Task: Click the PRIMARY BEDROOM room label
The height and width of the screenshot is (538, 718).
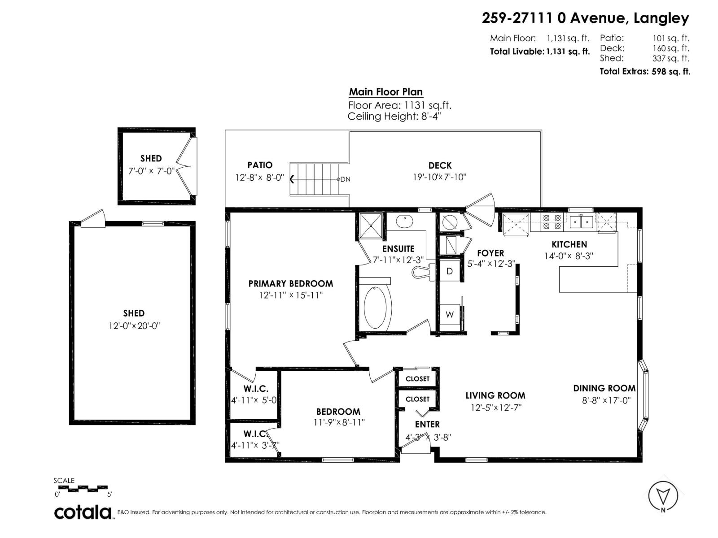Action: tap(290, 283)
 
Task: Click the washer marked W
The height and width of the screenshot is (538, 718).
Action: tap(450, 314)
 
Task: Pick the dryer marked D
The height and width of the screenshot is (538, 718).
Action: tap(450, 271)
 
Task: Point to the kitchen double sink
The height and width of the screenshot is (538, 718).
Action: tap(582, 221)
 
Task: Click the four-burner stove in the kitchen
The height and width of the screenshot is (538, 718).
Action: tap(552, 221)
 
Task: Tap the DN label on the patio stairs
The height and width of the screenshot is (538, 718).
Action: tap(345, 179)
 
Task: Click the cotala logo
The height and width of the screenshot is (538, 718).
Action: tap(83, 512)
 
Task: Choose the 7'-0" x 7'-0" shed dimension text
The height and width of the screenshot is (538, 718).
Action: tap(151, 171)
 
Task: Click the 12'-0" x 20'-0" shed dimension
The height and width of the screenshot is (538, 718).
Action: tap(134, 325)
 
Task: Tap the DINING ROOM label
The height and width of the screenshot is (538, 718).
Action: tap(604, 388)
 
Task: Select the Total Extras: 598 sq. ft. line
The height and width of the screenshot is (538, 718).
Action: tap(644, 71)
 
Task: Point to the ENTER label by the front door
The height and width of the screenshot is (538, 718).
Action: tap(427, 424)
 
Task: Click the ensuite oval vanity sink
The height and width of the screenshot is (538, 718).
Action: tap(405, 221)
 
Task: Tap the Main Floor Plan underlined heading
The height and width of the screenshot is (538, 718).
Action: tap(386, 92)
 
